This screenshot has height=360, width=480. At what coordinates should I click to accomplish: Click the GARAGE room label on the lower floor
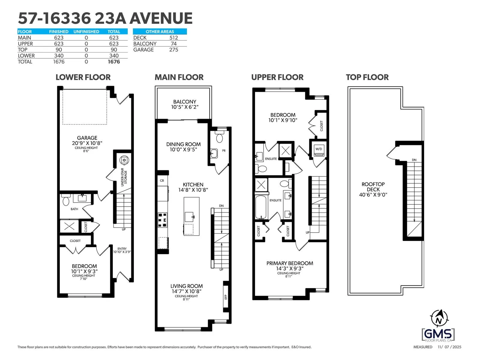tap(87, 138)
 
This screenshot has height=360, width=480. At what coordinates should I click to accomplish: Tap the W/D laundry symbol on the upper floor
tap(319, 149)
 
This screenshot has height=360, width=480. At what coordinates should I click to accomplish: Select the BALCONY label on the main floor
tap(184, 102)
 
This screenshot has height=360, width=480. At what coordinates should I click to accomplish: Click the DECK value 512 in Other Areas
tap(174, 37)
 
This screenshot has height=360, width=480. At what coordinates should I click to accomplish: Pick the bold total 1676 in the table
tap(114, 61)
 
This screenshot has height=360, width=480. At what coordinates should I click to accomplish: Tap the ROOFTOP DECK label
tap(373, 187)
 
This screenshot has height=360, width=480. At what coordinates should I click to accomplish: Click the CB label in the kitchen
tap(162, 181)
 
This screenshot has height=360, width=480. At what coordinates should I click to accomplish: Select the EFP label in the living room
tap(226, 297)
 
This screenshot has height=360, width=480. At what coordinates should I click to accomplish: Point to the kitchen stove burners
tap(163, 220)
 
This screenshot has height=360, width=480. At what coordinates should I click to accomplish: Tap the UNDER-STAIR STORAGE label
tap(124, 177)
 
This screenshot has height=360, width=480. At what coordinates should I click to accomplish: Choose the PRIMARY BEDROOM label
tap(289, 263)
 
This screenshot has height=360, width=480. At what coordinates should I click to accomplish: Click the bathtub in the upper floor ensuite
tap(261, 207)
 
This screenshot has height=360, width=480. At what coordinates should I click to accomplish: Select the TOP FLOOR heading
tap(367, 77)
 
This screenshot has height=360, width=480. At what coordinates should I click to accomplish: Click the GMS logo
tap(438, 335)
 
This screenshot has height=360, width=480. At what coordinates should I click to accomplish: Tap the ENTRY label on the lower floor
tap(122, 249)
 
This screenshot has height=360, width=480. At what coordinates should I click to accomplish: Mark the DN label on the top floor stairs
tap(414, 160)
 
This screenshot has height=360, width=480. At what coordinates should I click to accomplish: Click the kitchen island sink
tap(189, 217)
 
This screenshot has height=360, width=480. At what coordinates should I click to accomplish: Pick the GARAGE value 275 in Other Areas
tap(174, 49)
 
